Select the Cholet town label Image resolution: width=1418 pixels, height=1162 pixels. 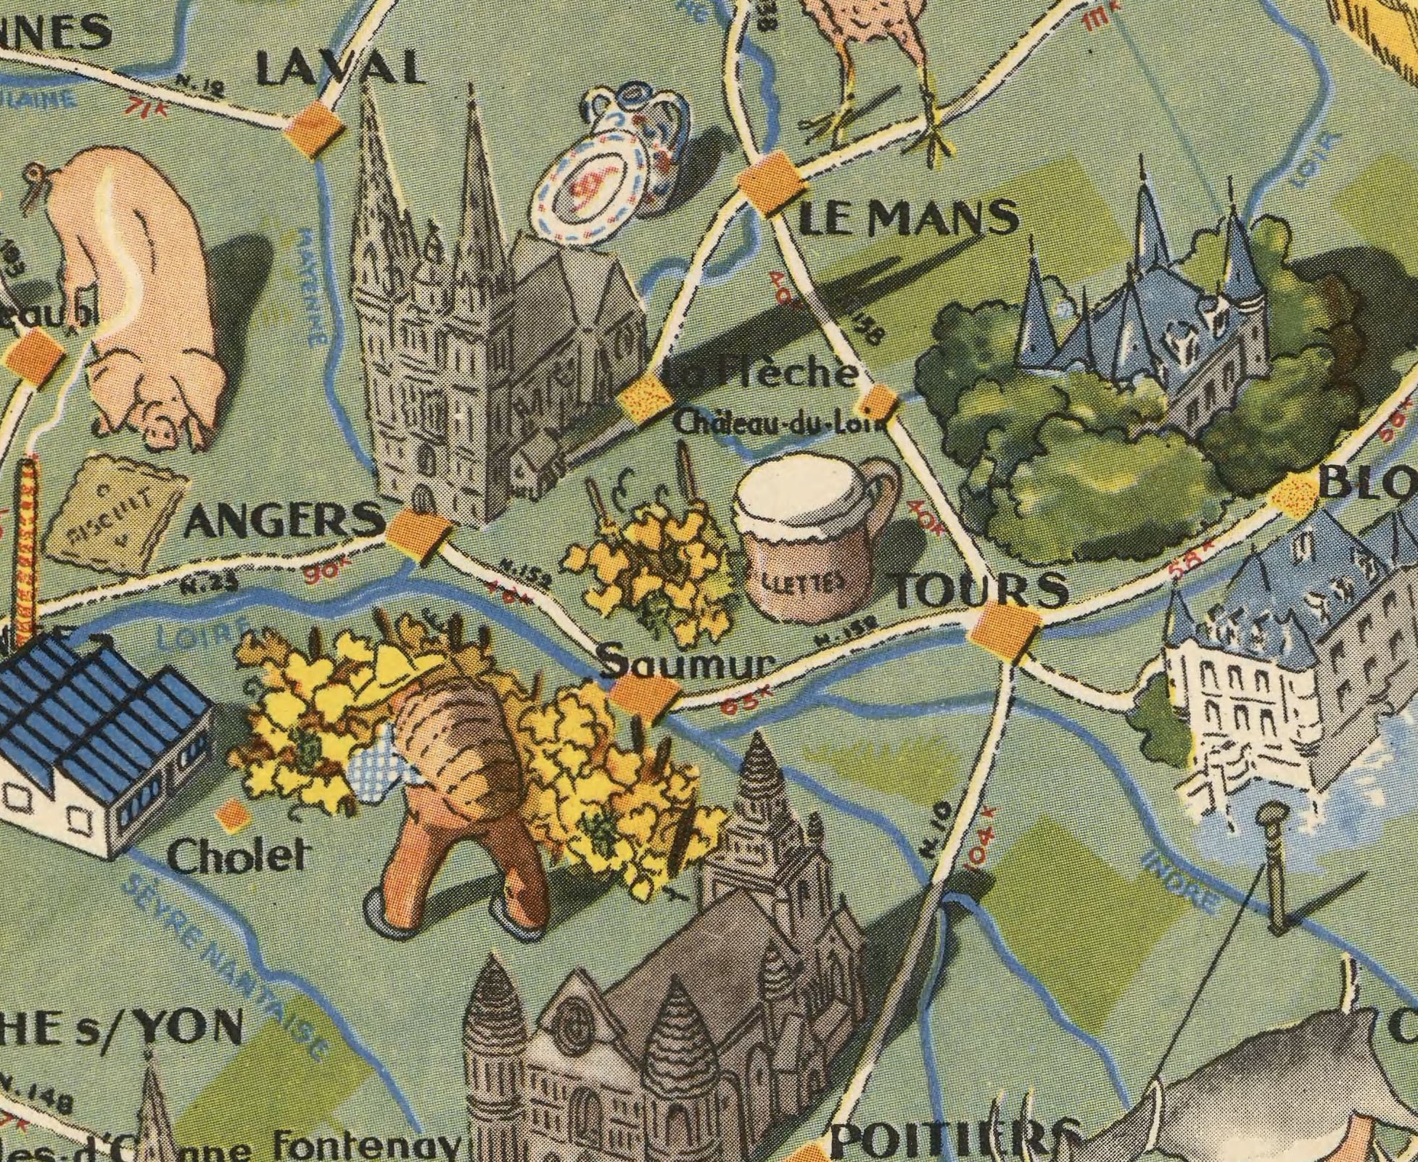[234, 858]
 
